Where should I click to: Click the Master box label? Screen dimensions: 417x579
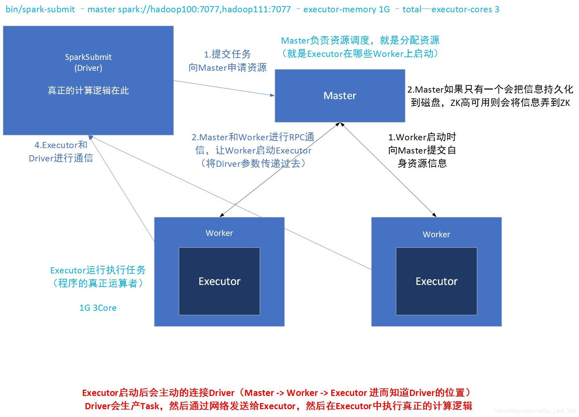point(339,96)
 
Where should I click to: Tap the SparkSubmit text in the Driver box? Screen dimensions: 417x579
point(88,57)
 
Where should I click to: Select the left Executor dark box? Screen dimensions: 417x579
point(219,281)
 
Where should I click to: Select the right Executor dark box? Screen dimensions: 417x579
point(436,281)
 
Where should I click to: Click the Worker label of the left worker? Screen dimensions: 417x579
point(219,233)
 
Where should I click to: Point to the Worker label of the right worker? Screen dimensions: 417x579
point(436,235)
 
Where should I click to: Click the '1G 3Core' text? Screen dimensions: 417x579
point(98,308)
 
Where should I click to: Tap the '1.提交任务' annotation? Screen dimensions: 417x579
point(227,54)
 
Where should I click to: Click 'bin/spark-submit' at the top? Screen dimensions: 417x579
point(40,9)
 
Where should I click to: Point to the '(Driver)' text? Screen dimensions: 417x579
point(88,68)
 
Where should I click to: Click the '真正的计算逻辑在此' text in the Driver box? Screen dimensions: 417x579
point(88,91)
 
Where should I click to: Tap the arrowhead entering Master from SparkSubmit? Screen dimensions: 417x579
point(272,95)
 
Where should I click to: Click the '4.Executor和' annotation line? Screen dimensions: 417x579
point(61,145)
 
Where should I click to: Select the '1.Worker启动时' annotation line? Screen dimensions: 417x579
point(422,137)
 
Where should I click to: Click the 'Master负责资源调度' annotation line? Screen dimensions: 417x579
point(360,41)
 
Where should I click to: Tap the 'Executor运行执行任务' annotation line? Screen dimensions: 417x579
point(98,270)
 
